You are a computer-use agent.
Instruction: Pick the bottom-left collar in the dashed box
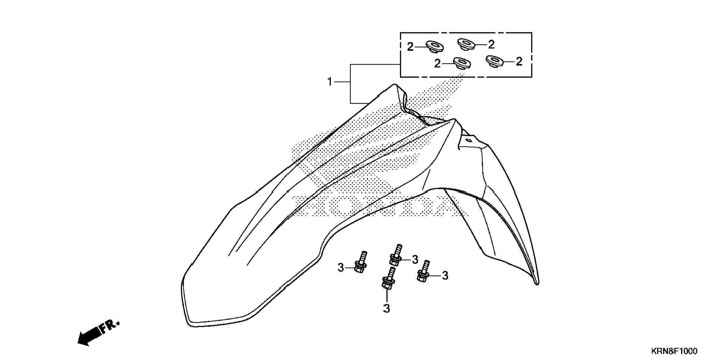[462, 63]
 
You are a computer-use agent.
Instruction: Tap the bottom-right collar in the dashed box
[495, 61]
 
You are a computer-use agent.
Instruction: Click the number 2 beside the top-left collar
[410, 47]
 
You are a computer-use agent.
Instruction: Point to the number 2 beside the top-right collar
[491, 45]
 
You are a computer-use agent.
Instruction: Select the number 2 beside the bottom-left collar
[437, 64]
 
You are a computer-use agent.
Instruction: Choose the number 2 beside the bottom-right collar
[519, 61]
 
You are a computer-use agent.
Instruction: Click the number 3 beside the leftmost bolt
[340, 268]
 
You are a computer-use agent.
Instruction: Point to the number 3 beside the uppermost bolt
[415, 260]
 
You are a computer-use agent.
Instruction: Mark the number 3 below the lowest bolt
[387, 309]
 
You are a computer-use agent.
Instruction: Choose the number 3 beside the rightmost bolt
[445, 276]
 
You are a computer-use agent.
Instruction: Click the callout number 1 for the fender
[330, 82]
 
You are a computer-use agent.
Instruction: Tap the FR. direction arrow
[98, 332]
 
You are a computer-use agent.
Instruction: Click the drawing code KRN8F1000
[674, 351]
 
